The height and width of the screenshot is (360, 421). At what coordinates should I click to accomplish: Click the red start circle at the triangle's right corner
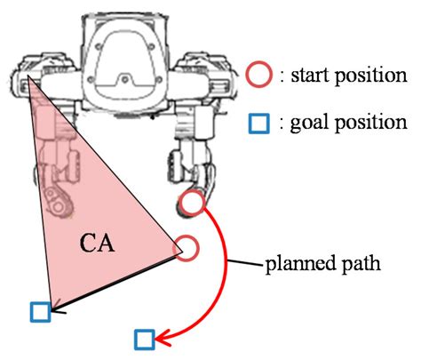coord(185,247)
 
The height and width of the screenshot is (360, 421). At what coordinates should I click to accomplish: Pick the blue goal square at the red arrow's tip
coord(146,339)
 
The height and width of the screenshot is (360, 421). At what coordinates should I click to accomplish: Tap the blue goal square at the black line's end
coord(39,311)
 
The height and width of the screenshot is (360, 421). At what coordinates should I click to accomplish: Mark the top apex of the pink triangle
coord(28,78)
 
